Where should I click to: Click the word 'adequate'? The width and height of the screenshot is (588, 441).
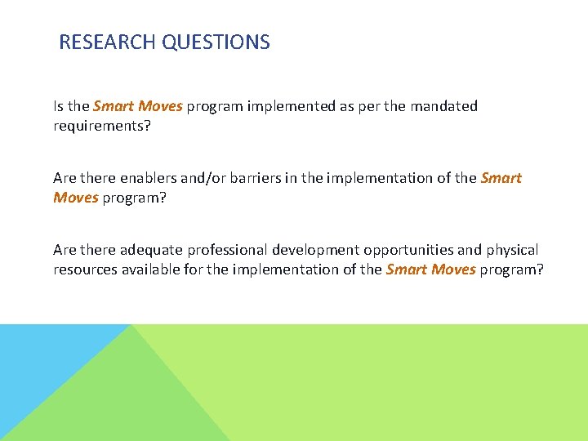coord(153,250)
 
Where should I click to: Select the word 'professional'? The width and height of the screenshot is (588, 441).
coord(229,250)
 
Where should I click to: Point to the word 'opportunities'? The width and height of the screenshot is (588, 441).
coord(409,250)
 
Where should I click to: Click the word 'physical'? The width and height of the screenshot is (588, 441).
coord(511,250)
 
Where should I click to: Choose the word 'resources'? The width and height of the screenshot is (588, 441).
coord(86,269)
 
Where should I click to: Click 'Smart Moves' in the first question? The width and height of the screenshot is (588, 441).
coord(138,106)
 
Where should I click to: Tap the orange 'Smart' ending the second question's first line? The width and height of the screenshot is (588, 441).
coord(501,178)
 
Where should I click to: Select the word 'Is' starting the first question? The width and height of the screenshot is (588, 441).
coord(59,106)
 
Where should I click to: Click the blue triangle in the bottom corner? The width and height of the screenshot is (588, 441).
coord(41,367)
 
